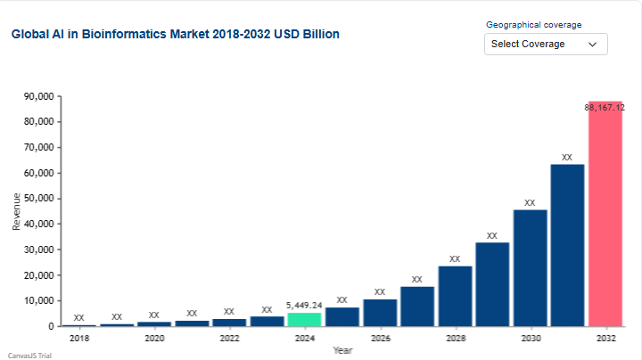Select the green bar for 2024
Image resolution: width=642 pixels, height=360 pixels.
coord(304,319)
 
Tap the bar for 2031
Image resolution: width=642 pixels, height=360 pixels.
coord(567,245)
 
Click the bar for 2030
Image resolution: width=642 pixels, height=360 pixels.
coord(530,267)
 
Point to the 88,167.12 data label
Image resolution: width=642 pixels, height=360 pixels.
coord(605,107)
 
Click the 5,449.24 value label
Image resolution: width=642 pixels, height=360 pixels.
coord(304,305)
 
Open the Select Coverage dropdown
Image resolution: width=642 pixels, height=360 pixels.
coord(546,44)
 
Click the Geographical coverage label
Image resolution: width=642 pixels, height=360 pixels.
coord(533,25)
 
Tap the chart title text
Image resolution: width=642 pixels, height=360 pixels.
coord(175,34)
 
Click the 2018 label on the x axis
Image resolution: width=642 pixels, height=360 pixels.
coord(79,339)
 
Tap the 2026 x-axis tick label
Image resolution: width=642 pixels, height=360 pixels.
coord(380,339)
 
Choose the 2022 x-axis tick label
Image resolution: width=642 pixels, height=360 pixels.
coord(229,339)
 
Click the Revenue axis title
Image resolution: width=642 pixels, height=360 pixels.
coord(16,212)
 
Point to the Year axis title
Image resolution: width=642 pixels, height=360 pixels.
coord(342,350)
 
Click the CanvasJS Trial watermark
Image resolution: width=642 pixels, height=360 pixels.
coord(29,355)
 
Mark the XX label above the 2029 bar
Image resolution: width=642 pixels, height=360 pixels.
coord(491,236)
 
